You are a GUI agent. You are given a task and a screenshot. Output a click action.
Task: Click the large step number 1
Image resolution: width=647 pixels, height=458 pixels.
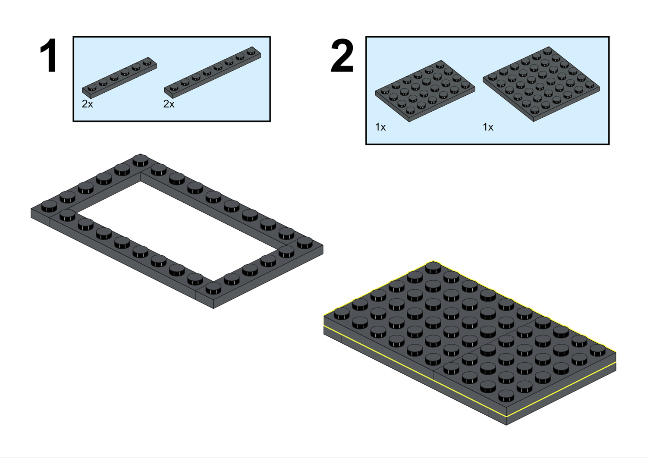point(48,56)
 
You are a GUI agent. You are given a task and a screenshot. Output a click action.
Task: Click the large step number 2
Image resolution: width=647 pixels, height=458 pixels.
point(342,56)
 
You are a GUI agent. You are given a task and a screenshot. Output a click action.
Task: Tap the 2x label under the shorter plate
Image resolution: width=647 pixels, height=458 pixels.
point(87,104)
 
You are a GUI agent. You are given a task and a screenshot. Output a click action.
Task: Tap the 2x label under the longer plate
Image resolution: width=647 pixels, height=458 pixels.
point(169,104)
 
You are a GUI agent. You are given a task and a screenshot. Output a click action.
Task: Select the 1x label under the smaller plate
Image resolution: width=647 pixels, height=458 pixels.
point(380,127)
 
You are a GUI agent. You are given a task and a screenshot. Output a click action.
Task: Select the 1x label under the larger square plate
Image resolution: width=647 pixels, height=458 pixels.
point(488,127)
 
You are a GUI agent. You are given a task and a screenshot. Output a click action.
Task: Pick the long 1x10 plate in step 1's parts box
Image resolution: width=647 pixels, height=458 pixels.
point(213,71)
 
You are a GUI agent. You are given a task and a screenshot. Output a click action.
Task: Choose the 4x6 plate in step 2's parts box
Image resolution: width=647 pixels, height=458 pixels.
point(425,91)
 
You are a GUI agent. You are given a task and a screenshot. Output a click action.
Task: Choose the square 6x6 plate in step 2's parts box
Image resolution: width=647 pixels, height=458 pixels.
point(541,84)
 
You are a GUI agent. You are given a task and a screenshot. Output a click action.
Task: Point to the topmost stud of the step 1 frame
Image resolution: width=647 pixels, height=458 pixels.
point(140,160)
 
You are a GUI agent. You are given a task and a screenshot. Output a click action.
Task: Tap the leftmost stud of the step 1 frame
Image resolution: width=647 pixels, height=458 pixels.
point(49,206)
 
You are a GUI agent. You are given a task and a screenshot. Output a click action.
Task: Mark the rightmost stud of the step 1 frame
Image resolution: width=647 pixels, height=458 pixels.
point(305,242)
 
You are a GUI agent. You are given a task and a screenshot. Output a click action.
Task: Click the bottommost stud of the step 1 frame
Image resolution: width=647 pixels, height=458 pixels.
point(213,288)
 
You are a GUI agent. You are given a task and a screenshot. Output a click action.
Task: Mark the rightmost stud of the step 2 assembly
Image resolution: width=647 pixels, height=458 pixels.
point(598,350)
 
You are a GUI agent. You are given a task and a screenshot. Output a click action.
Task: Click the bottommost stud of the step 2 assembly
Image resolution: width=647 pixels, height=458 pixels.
point(506,395)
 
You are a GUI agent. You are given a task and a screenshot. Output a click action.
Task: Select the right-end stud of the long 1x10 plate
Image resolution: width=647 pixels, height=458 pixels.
point(251,52)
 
